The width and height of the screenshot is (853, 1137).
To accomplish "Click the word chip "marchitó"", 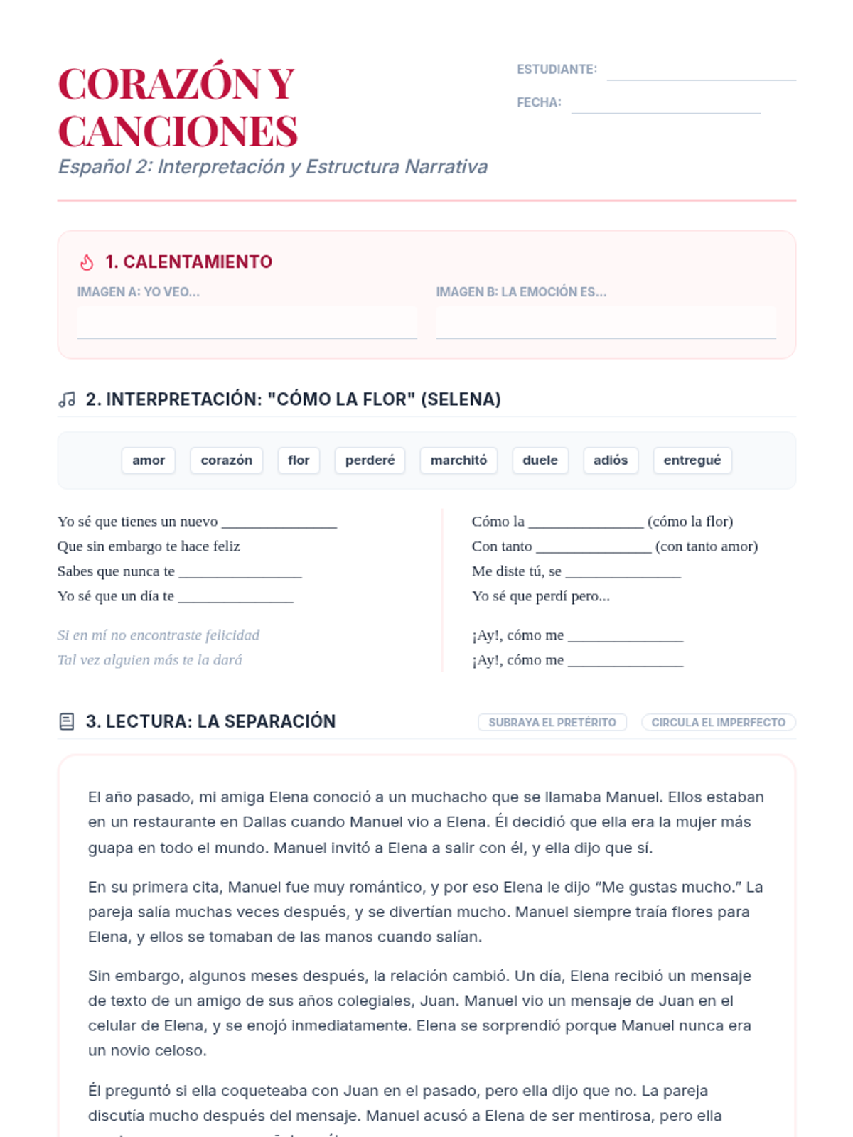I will pyautogui.click(x=458, y=460).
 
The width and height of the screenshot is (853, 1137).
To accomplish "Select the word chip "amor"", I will pyautogui.click(x=149, y=460).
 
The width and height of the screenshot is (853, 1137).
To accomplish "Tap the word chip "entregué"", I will pyautogui.click(x=692, y=460).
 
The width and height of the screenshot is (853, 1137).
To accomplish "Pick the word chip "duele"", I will pyautogui.click(x=540, y=460).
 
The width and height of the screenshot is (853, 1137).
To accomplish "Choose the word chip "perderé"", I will pyautogui.click(x=370, y=460).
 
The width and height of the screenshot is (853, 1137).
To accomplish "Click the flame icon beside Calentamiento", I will pyautogui.click(x=87, y=262).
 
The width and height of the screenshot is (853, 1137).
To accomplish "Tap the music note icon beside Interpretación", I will pyautogui.click(x=67, y=399).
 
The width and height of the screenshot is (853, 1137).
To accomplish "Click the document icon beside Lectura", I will pyautogui.click(x=66, y=722).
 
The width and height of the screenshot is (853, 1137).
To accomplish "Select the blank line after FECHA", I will pyautogui.click(x=665, y=104).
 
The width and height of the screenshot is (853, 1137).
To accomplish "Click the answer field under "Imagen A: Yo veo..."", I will pyautogui.click(x=247, y=323).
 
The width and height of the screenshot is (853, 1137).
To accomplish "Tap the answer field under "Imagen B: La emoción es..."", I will pyautogui.click(x=606, y=323).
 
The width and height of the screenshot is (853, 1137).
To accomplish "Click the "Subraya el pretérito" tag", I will pyautogui.click(x=552, y=722).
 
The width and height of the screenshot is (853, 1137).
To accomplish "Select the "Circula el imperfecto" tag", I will pyautogui.click(x=718, y=722).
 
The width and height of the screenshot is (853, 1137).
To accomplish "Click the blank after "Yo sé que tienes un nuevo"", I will pyautogui.click(x=279, y=524).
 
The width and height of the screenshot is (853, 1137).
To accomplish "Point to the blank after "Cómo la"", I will pyautogui.click(x=586, y=524).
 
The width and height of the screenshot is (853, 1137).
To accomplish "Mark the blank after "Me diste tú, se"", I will pyautogui.click(x=623, y=573).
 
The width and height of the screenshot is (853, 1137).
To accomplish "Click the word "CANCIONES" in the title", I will pyautogui.click(x=178, y=131).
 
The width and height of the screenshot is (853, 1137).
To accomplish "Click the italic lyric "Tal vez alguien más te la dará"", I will pyautogui.click(x=149, y=660).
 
